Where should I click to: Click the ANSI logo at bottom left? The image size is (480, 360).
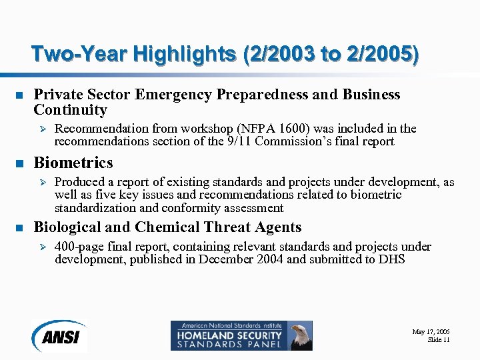click(59, 335)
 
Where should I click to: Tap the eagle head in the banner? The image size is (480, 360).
click(301, 331)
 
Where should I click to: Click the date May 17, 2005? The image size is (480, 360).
click(431, 331)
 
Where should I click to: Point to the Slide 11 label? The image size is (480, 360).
click(438, 340)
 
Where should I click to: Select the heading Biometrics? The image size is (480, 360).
click(73, 163)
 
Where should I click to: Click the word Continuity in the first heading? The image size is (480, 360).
click(70, 110)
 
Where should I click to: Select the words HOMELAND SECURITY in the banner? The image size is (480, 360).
click(227, 335)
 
